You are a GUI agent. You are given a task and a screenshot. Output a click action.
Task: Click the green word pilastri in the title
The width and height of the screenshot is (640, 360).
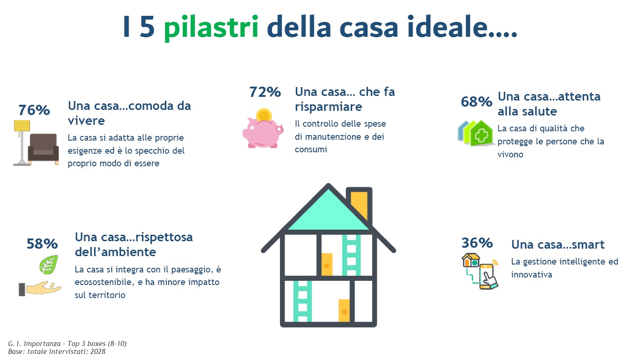[x=211, y=28]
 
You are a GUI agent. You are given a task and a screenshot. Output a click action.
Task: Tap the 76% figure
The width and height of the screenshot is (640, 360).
[x=34, y=110]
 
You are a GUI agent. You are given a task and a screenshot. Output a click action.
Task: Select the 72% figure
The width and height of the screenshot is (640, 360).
[x=265, y=92]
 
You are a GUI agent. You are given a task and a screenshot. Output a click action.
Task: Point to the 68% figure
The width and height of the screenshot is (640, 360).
[x=477, y=102]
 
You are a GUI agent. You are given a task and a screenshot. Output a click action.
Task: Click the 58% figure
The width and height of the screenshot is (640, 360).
[x=42, y=244]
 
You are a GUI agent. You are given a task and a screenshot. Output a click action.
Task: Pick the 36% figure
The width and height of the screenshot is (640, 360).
[x=477, y=243]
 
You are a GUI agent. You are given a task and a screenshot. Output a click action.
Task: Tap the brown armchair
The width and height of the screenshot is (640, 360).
[x=43, y=149]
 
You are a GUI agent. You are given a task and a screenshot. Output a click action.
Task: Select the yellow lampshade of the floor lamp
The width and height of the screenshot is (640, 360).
[x=22, y=126]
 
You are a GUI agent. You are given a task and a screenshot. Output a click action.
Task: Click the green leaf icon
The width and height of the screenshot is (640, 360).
[x=48, y=265]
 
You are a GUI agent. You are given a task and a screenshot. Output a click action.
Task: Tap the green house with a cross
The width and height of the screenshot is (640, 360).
[x=482, y=134]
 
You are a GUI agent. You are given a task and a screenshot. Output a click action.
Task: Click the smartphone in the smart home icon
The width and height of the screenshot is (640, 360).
[x=487, y=277]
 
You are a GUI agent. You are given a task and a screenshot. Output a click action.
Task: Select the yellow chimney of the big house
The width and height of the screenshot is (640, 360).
[x=359, y=204]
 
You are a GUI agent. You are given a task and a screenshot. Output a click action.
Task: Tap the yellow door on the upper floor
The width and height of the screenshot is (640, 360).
[x=327, y=264]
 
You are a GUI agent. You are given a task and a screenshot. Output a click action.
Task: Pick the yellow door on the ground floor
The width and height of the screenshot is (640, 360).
[x=344, y=311]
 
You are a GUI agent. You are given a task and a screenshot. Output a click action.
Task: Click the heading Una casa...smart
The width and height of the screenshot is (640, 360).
[x=558, y=245]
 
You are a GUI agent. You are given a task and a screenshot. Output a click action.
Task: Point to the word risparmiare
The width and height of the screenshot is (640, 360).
[x=328, y=107]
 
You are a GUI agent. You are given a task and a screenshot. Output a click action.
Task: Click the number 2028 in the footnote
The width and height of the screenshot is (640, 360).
[x=98, y=352]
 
